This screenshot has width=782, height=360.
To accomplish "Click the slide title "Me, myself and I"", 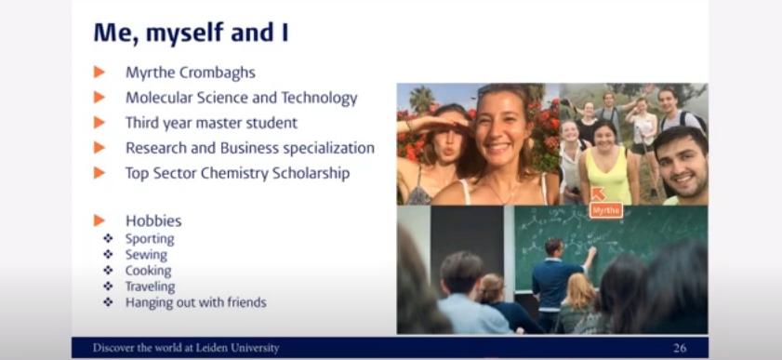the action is pos(191,33).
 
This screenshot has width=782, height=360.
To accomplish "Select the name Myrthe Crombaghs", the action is pos(191,73).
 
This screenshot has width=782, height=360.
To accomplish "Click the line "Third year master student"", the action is pos(211,123).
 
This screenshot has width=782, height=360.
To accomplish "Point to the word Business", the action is pos(248,148).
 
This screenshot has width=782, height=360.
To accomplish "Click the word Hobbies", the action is pos(153,220).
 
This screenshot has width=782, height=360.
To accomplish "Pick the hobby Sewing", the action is pos(146,255).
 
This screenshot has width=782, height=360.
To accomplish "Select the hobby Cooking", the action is pos(148,271).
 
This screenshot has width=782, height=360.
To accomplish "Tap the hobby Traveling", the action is pos(150,287).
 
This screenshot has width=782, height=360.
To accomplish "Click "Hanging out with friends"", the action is pos(196,302).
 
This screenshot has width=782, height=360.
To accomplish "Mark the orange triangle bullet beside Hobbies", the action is pos(99,220).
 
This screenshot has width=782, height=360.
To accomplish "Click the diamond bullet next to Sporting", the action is pos(108,239).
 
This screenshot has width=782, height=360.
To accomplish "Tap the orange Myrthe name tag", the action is pos(606,210).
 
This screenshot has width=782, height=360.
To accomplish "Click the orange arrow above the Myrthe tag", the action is pos(598,194).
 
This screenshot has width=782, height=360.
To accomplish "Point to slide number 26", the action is pos(680,348).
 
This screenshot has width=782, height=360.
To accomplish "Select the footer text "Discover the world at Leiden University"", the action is pos(186,348).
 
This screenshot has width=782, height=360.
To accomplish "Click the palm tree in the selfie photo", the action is pos(421,100).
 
